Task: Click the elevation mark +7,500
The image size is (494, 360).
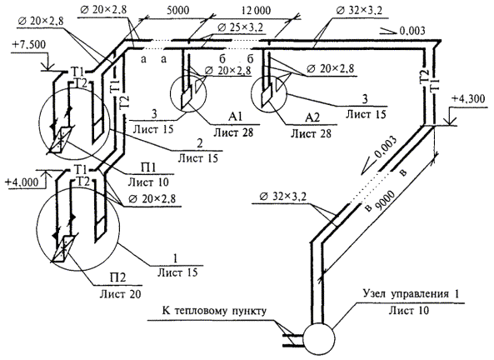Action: pos(28,44)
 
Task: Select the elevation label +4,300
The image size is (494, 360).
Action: pos(468,99)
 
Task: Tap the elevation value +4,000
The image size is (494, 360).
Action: pos(22,182)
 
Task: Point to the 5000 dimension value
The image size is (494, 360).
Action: pos(177,10)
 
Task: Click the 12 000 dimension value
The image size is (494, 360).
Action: pos(256,10)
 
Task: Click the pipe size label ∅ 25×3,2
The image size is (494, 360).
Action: pos(240,27)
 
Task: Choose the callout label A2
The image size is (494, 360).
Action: pos(312,117)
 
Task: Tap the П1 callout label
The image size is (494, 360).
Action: pos(148,167)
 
